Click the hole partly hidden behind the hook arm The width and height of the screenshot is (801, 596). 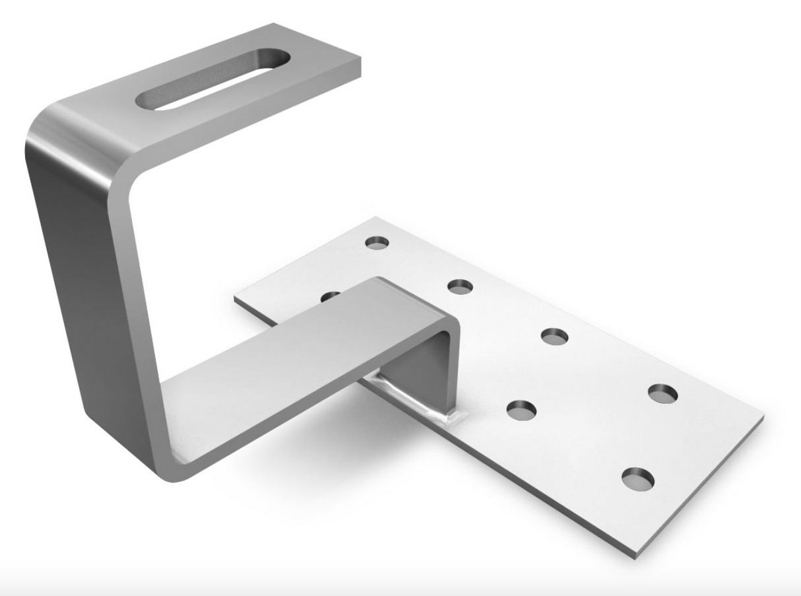[x=330, y=296]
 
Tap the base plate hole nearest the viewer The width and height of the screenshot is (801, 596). [x=638, y=477]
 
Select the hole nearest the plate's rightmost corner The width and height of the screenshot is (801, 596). [x=662, y=393]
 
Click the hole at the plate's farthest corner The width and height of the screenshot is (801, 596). [x=378, y=242]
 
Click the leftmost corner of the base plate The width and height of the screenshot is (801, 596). [x=236, y=298]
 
